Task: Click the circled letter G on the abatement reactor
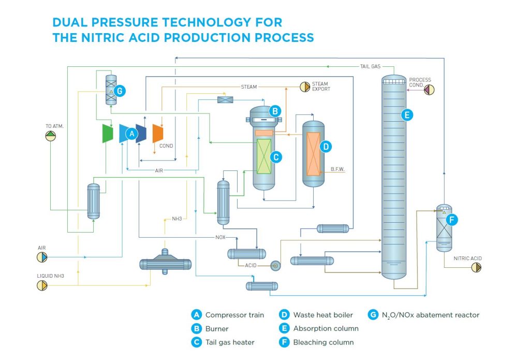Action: point(120,91)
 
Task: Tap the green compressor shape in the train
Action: point(108,133)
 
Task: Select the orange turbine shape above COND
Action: point(157,133)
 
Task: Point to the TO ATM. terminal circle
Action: point(50,135)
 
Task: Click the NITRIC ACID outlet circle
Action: point(476,267)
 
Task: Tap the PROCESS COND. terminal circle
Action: point(429,89)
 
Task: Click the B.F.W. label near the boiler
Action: point(338,169)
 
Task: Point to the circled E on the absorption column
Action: point(407,115)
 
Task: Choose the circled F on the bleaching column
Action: point(451,220)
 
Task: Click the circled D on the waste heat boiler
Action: point(326,147)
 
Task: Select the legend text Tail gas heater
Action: point(230,342)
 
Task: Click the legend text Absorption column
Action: point(326,328)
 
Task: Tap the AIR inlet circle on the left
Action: point(42,257)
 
